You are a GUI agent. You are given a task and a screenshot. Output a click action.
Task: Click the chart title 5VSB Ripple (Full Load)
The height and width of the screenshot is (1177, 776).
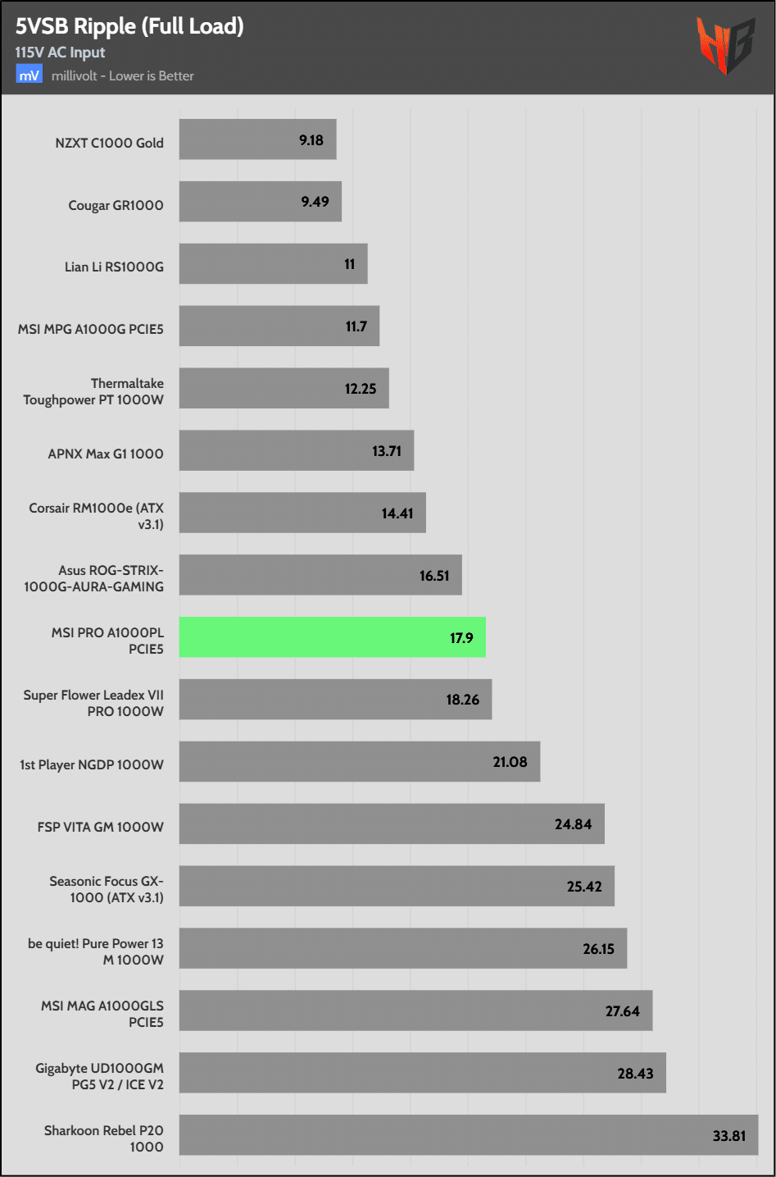coord(129,26)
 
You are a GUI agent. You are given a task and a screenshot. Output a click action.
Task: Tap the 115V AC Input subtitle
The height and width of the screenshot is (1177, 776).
coord(60,52)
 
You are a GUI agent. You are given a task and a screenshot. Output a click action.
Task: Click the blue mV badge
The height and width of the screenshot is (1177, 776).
coord(29,75)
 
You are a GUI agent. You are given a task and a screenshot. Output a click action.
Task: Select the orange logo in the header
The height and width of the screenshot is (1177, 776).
coord(724,45)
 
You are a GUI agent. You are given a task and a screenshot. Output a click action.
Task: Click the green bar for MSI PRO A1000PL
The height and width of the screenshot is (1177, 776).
coord(332,637)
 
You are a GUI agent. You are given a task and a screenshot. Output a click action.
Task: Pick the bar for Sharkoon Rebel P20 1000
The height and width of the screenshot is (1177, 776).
coord(468,1135)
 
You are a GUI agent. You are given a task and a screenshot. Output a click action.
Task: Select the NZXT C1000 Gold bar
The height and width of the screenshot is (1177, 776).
coord(257,139)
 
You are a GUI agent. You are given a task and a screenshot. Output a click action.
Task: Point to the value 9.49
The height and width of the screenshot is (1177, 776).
coord(315,202)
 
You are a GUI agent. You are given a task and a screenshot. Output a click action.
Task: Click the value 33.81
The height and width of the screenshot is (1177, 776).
coord(728,1136)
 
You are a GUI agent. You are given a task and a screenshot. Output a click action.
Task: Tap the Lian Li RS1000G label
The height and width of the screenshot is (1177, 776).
coord(114,267)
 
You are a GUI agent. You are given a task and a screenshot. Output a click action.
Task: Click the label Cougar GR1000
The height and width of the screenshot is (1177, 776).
coord(116,205)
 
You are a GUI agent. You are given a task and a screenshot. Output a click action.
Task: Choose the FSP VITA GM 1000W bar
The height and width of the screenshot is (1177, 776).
coord(392,823)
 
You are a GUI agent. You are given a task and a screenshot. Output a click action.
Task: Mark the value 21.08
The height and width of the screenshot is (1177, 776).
coord(510,762)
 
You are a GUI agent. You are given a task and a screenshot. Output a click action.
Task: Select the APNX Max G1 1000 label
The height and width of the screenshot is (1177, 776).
coord(106,454)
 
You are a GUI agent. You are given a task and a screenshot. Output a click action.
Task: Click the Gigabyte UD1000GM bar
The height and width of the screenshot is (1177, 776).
coord(422,1073)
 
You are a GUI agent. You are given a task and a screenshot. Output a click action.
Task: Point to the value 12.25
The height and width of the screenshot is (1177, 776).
coord(361,389)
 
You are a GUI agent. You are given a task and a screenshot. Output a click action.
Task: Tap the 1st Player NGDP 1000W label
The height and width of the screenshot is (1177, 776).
coord(92,764)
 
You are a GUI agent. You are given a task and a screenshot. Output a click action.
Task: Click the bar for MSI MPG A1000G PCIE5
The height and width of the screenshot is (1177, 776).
coord(279,326)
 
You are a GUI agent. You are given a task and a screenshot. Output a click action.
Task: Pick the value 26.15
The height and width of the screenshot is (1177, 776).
coord(598,949)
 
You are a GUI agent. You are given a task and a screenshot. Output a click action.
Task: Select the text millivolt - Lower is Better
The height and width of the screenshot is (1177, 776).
coord(123,75)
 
